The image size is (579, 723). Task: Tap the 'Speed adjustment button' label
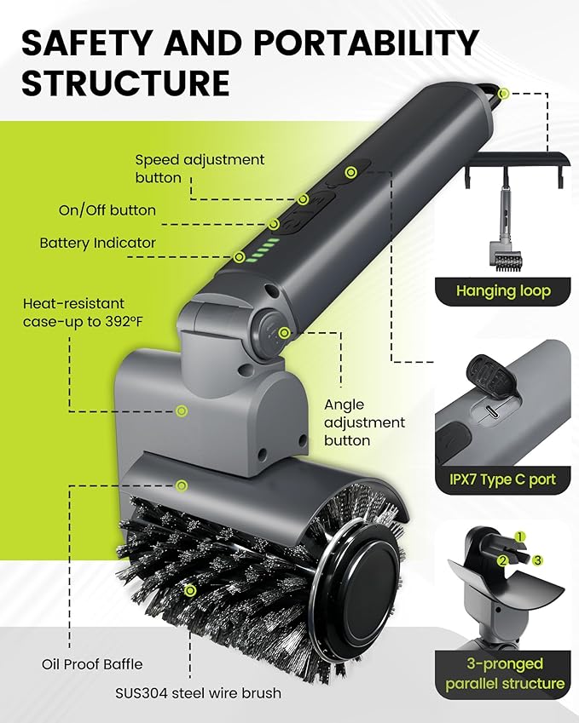coord(200,169)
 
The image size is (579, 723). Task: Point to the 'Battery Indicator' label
coord(98,243)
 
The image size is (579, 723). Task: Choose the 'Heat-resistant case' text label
coord(73,311)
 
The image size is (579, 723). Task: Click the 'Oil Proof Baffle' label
coord(91,664)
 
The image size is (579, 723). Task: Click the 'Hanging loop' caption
coord(503,291)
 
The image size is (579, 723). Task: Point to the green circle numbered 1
coord(521,537)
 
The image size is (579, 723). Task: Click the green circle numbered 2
coord(503,559)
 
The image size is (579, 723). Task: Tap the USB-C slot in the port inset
coord(492,411)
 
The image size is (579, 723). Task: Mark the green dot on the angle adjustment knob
coord(283,333)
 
